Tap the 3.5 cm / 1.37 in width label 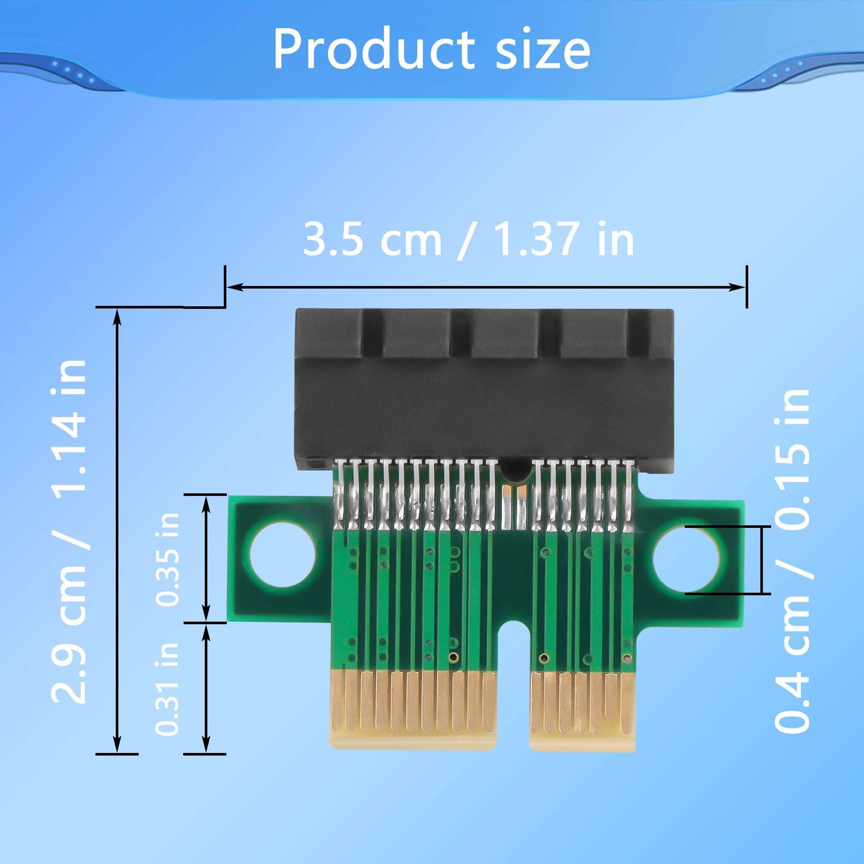468,240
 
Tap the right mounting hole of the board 686,559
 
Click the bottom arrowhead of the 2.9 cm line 117,746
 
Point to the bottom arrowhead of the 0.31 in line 206,746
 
